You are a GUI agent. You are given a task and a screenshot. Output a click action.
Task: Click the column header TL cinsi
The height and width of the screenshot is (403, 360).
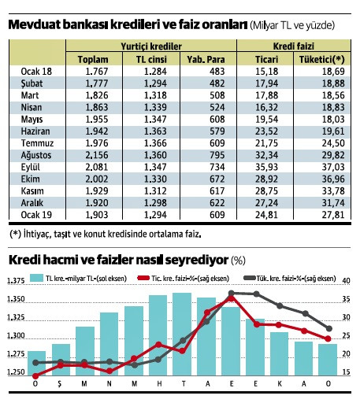(x=150, y=59)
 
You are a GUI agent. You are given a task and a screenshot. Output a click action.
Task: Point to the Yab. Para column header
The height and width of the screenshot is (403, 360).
(x=204, y=59)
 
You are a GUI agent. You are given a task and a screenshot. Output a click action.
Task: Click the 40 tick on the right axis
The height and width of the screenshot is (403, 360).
(x=347, y=281)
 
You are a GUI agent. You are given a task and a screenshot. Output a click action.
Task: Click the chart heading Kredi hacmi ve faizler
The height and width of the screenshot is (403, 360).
(x=110, y=259)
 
